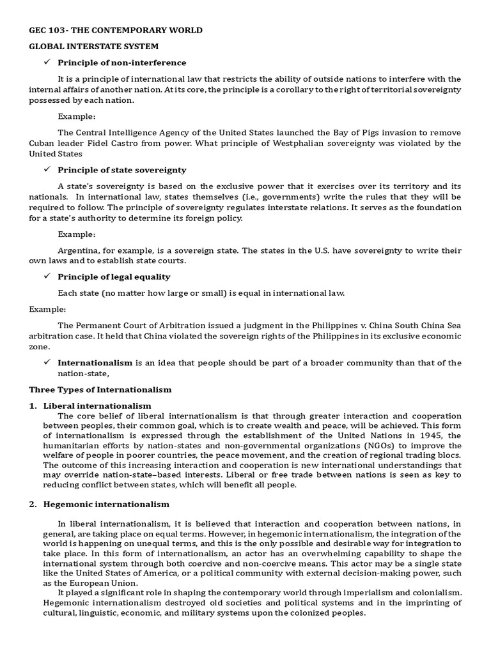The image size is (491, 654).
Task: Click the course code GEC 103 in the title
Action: click(x=48, y=30)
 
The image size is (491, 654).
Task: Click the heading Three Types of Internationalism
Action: click(x=100, y=390)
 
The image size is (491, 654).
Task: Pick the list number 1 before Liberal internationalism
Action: click(x=33, y=406)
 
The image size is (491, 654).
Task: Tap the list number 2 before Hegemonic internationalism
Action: click(x=33, y=504)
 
